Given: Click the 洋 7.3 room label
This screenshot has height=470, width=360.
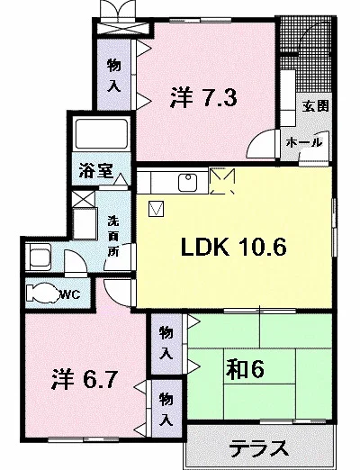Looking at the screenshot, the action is (203, 97).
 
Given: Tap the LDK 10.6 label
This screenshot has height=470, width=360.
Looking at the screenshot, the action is (234, 247).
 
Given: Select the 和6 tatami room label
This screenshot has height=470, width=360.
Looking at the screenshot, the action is (245, 369).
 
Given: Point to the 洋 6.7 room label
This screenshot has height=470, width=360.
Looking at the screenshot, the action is (84, 379).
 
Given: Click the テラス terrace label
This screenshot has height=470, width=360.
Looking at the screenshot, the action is (259, 448).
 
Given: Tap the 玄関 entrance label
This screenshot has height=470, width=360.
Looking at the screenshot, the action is (315, 106).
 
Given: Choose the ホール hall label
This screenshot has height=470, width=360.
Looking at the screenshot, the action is (304, 142).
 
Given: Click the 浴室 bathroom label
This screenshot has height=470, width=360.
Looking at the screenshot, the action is (96, 171).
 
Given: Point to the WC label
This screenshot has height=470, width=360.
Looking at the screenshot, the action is (69, 294).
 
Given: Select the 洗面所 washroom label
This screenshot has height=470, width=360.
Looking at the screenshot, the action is (113, 236).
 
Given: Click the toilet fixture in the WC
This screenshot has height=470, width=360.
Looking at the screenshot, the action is (42, 293).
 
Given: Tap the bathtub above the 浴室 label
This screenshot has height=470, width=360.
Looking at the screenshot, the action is (101, 134).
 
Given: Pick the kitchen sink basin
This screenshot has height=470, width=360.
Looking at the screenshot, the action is (187, 182).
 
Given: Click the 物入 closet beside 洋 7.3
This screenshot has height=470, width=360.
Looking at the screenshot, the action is (114, 75).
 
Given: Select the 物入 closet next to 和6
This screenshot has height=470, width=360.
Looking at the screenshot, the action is (166, 343).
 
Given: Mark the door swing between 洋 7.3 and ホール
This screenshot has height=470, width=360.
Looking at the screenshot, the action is (261, 143).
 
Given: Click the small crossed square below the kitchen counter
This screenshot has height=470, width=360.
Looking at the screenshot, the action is (157, 209).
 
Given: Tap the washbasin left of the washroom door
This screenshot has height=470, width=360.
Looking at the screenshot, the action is (40, 257).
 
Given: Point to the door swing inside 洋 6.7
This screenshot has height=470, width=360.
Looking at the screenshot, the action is (118, 293).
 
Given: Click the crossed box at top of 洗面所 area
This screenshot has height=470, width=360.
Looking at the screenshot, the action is (84, 199).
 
